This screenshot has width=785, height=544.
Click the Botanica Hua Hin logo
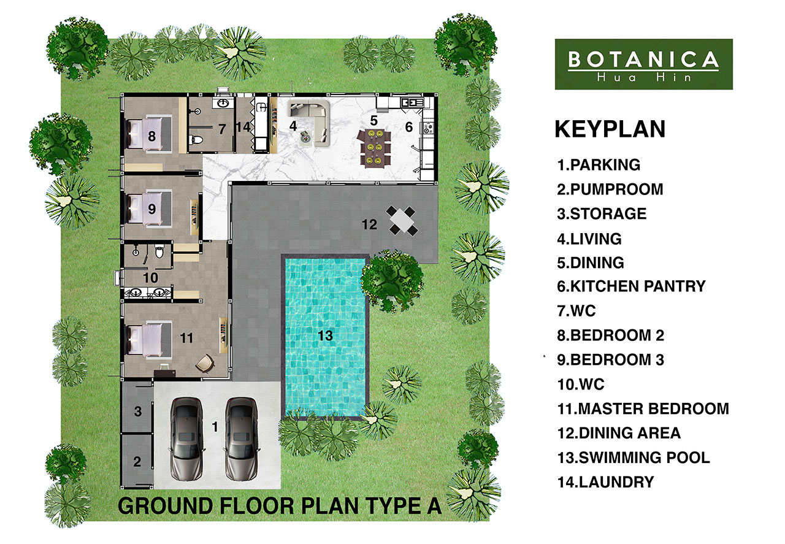click(x=643, y=64)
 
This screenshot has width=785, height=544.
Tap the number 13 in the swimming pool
click(x=325, y=335)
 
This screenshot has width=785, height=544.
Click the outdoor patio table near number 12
click(x=402, y=221)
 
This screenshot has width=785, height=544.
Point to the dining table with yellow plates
click(x=374, y=148)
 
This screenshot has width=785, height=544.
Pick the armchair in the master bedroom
click(x=204, y=363)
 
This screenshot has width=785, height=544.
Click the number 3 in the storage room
click(x=138, y=411)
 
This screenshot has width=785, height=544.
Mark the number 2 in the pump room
click(x=137, y=462)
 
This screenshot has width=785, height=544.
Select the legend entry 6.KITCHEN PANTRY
click(x=631, y=286)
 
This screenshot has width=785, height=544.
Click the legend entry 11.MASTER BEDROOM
click(x=643, y=408)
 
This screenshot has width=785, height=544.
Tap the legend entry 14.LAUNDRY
click(x=605, y=482)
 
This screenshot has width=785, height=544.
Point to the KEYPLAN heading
click(x=610, y=129)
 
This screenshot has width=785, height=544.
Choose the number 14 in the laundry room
click(x=243, y=126)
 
